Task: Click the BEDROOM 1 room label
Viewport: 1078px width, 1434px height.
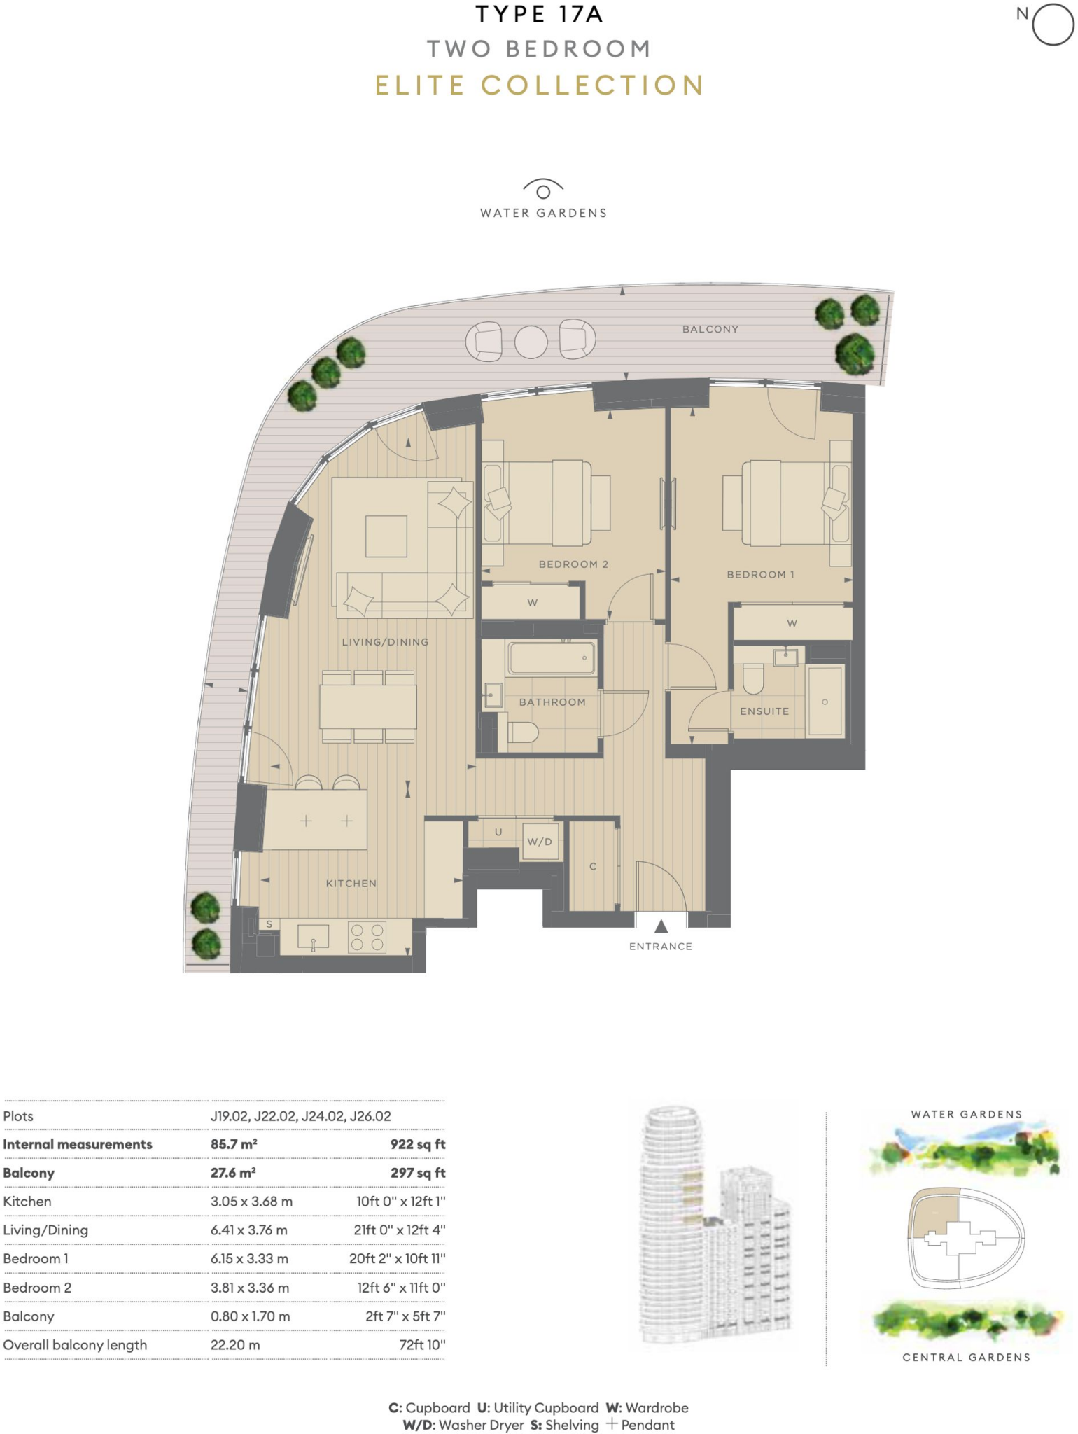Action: (x=760, y=574)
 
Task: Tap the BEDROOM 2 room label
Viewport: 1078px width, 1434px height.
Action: (x=573, y=564)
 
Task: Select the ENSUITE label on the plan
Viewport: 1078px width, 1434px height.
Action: (x=764, y=711)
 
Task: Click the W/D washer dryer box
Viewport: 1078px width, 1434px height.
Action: (x=539, y=841)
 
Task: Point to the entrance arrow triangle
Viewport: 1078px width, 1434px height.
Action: (x=661, y=926)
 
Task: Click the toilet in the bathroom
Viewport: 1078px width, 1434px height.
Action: (x=522, y=732)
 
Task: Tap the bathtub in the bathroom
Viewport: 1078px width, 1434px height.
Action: (x=552, y=658)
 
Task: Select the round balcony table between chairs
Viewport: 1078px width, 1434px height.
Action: (x=531, y=342)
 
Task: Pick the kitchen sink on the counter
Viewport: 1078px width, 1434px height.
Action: (x=313, y=937)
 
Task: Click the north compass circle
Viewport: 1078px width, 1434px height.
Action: (x=1053, y=25)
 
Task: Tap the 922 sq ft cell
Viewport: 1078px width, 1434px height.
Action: (x=418, y=1144)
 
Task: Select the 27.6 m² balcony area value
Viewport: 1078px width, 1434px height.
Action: (x=233, y=1173)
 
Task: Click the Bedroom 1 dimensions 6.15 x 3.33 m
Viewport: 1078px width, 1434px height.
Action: (x=249, y=1258)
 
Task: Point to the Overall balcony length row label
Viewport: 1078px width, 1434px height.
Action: (x=75, y=1344)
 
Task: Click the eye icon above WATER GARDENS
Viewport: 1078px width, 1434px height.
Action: (x=543, y=190)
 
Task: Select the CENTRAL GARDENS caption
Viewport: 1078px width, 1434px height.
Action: (x=966, y=1357)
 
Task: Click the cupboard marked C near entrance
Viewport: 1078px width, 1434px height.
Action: (x=593, y=866)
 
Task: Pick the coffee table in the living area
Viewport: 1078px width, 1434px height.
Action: (x=386, y=536)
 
